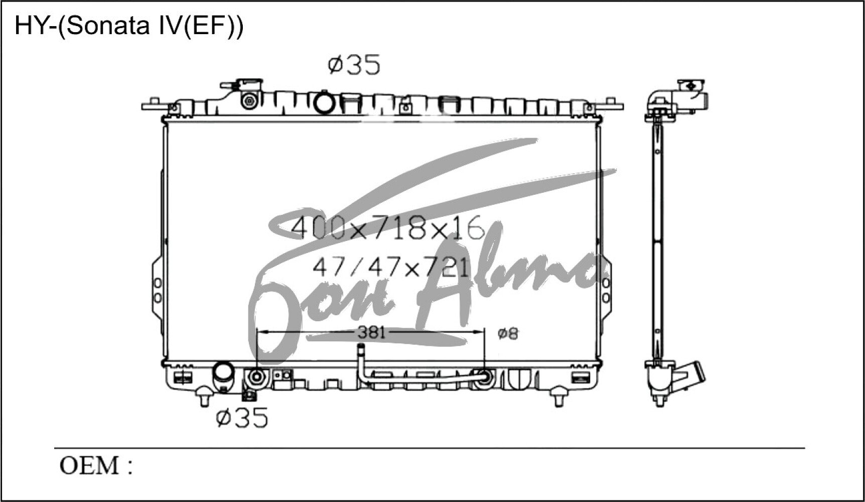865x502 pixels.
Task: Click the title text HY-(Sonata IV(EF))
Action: [129, 26]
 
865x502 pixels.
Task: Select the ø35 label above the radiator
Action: [354, 65]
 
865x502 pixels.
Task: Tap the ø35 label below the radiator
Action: [242, 418]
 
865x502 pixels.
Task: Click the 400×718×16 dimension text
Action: [388, 228]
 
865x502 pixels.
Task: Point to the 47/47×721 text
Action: [391, 268]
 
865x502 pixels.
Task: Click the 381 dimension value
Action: [371, 332]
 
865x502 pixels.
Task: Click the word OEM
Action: [89, 466]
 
